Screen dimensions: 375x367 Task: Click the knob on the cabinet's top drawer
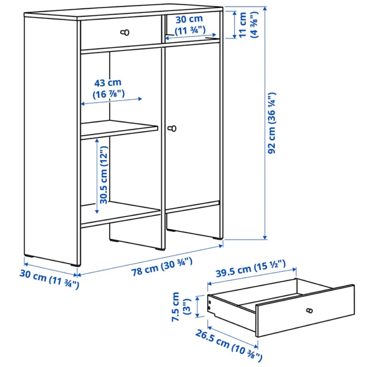tap(125, 32)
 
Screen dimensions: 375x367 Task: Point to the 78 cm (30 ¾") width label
tap(162, 266)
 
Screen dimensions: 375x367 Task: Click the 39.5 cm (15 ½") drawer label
tap(251, 268)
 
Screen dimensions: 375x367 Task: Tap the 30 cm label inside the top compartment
tap(190, 25)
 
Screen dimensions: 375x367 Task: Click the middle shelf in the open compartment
tap(119, 130)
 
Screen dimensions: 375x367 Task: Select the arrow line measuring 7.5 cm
tap(197, 307)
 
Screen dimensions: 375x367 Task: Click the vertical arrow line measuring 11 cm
tap(234, 25)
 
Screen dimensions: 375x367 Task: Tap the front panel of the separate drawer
tap(305, 311)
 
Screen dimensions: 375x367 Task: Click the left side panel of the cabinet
tap(51, 140)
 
